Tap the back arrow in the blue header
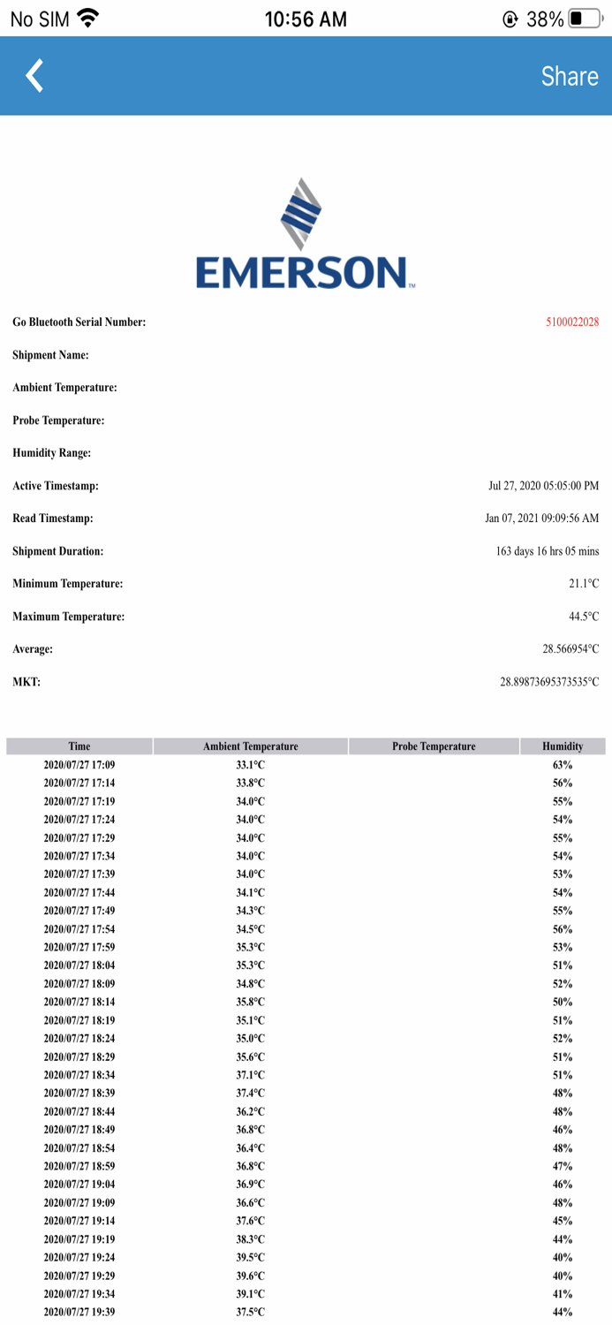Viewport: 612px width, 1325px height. point(34,76)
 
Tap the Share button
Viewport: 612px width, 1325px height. point(570,76)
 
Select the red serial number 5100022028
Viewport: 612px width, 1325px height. point(572,322)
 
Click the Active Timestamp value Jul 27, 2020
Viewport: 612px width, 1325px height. point(543,486)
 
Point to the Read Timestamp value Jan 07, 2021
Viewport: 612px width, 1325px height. point(541,519)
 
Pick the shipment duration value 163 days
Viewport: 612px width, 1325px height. point(547,551)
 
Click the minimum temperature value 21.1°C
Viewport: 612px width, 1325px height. point(583,584)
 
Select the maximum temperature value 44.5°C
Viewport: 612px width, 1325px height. point(583,617)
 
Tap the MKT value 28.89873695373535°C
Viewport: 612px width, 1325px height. point(548,682)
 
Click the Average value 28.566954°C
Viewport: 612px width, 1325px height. point(570,649)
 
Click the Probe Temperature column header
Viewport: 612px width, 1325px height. point(434,746)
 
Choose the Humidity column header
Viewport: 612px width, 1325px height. point(563,746)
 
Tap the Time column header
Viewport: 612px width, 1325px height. point(79,746)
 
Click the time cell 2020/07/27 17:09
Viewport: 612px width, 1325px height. point(79,765)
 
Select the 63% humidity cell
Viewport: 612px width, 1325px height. point(563,765)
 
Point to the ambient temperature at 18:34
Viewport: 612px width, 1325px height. point(250,1075)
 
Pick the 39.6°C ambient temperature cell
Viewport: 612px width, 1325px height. point(250,1276)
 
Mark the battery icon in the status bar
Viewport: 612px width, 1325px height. point(585,19)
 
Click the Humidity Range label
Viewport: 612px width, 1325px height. point(52,453)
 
